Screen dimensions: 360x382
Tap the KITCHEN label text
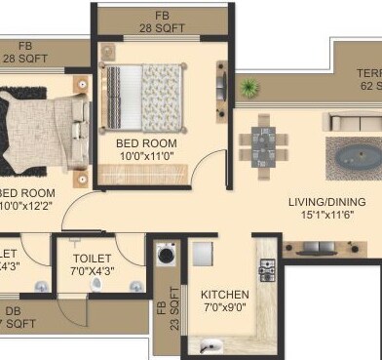pos(225,295)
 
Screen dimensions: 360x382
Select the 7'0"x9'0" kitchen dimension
pos(225,308)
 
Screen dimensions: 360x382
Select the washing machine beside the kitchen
pos(165,257)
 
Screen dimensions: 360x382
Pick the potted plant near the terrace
pos(250,88)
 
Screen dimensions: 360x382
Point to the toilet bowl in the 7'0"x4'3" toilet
pos(95,284)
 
